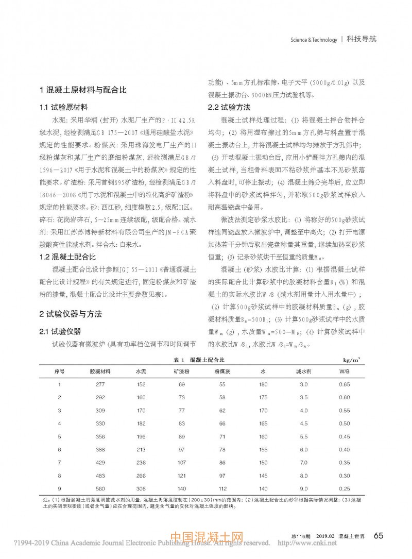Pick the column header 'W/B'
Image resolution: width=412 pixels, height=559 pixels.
(x=344, y=371)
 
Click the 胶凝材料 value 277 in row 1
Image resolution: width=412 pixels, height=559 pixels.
(x=100, y=384)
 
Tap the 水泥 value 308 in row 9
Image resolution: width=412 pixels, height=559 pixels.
(x=141, y=488)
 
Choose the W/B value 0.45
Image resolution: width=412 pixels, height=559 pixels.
(x=344, y=436)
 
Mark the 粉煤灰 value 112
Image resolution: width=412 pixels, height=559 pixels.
(x=222, y=488)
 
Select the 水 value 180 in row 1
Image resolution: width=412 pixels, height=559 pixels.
(x=263, y=384)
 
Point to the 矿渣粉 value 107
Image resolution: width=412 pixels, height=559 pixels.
(x=181, y=463)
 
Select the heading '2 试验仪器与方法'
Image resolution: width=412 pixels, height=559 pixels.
(x=71, y=313)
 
